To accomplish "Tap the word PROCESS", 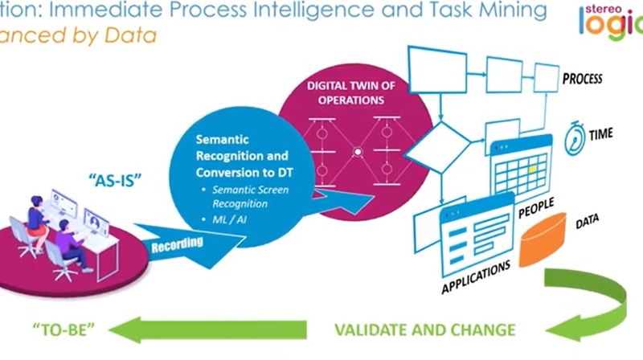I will point(582,80).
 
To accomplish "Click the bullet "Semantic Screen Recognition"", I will point(246,197).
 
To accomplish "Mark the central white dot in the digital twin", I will point(358,150).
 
